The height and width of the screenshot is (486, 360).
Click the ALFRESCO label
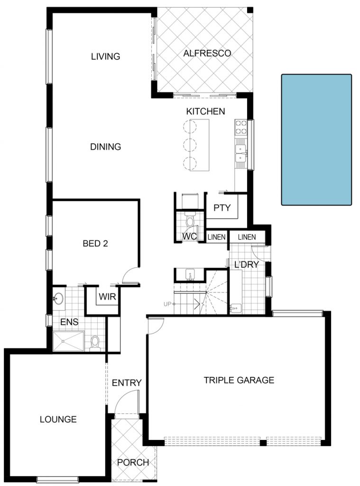(207, 53)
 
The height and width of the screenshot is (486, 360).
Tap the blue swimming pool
(316, 140)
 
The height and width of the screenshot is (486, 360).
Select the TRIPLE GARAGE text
(239, 380)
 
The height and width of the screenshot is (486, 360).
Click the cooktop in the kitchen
(241, 127)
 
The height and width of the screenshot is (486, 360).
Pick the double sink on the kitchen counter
(241, 153)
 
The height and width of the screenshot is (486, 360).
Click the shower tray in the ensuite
(68, 341)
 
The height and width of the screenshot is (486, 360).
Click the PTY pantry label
(222, 208)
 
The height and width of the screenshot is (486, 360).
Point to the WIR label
(107, 297)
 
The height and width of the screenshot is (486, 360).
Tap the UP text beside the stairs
(167, 304)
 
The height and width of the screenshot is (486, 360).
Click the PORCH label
(133, 462)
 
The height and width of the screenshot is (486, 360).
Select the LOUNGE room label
(58, 420)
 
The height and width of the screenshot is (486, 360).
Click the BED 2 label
(95, 243)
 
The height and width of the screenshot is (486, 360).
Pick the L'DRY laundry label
(247, 265)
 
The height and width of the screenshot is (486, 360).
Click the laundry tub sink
(235, 308)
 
